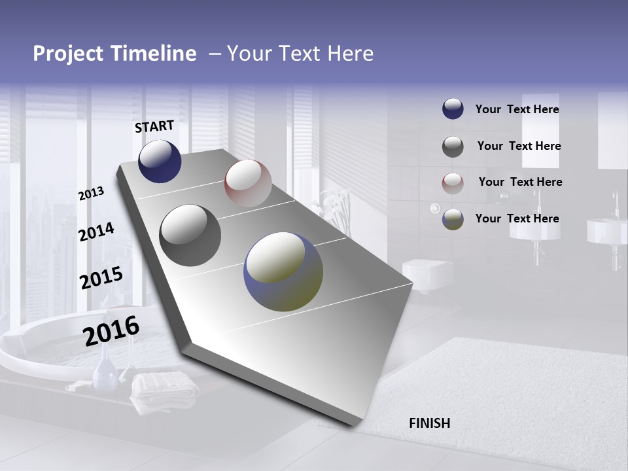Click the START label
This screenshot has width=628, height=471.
[154, 126]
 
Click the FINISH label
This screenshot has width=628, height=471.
[429, 423]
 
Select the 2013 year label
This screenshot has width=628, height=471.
[91, 194]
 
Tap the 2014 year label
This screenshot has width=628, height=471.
[96, 232]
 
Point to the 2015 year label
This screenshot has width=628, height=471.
[101, 278]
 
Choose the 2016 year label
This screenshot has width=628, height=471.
[111, 331]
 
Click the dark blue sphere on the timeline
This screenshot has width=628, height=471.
[160, 161]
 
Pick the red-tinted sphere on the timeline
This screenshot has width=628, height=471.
[248, 183]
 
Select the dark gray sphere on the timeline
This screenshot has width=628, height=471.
[190, 235]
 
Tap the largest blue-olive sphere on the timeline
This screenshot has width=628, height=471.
[283, 271]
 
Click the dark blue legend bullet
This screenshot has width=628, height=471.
[453, 109]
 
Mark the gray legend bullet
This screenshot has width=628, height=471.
[453, 147]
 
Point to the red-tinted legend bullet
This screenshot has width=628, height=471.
[453, 183]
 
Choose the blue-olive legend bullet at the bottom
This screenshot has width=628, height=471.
[453, 219]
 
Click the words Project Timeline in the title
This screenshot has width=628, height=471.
[114, 54]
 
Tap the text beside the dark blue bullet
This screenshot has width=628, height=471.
[517, 109]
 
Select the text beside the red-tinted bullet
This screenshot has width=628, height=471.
[520, 182]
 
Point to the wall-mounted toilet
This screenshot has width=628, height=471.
[426, 271]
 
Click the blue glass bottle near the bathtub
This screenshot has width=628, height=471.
[105, 374]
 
